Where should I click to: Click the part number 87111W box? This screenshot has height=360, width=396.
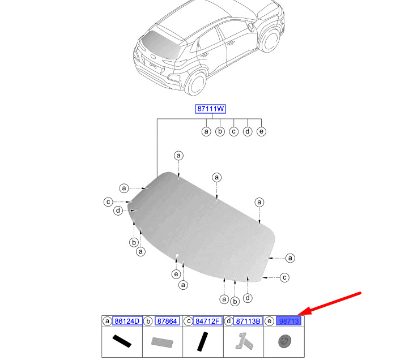point(210,109)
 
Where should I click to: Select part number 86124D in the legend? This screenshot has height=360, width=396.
point(127,321)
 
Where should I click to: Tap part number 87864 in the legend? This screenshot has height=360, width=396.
point(167,321)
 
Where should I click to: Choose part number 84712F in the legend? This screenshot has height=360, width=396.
point(207,321)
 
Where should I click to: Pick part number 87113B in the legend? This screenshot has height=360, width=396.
point(248,321)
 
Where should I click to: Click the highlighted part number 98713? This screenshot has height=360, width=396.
point(289,321)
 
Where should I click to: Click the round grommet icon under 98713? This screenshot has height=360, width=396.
point(284,341)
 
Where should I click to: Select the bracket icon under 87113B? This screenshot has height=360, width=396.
point(244,341)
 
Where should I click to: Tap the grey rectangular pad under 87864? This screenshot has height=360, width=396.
point(162,342)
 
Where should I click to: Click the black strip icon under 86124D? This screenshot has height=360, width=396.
point(122,341)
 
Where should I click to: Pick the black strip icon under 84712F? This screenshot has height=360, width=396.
point(202,341)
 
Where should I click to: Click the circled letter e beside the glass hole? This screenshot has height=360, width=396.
point(176,274)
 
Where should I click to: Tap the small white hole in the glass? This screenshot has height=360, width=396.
point(177,256)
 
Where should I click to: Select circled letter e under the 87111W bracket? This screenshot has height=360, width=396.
point(261,131)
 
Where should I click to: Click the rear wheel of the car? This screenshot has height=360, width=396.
point(196,83)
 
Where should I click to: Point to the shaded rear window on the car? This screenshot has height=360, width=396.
point(161,44)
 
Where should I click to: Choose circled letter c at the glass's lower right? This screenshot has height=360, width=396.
point(284,277)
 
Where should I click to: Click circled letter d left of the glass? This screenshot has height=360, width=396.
point(118,211)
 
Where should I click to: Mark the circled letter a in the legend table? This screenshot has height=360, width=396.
point(107,321)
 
